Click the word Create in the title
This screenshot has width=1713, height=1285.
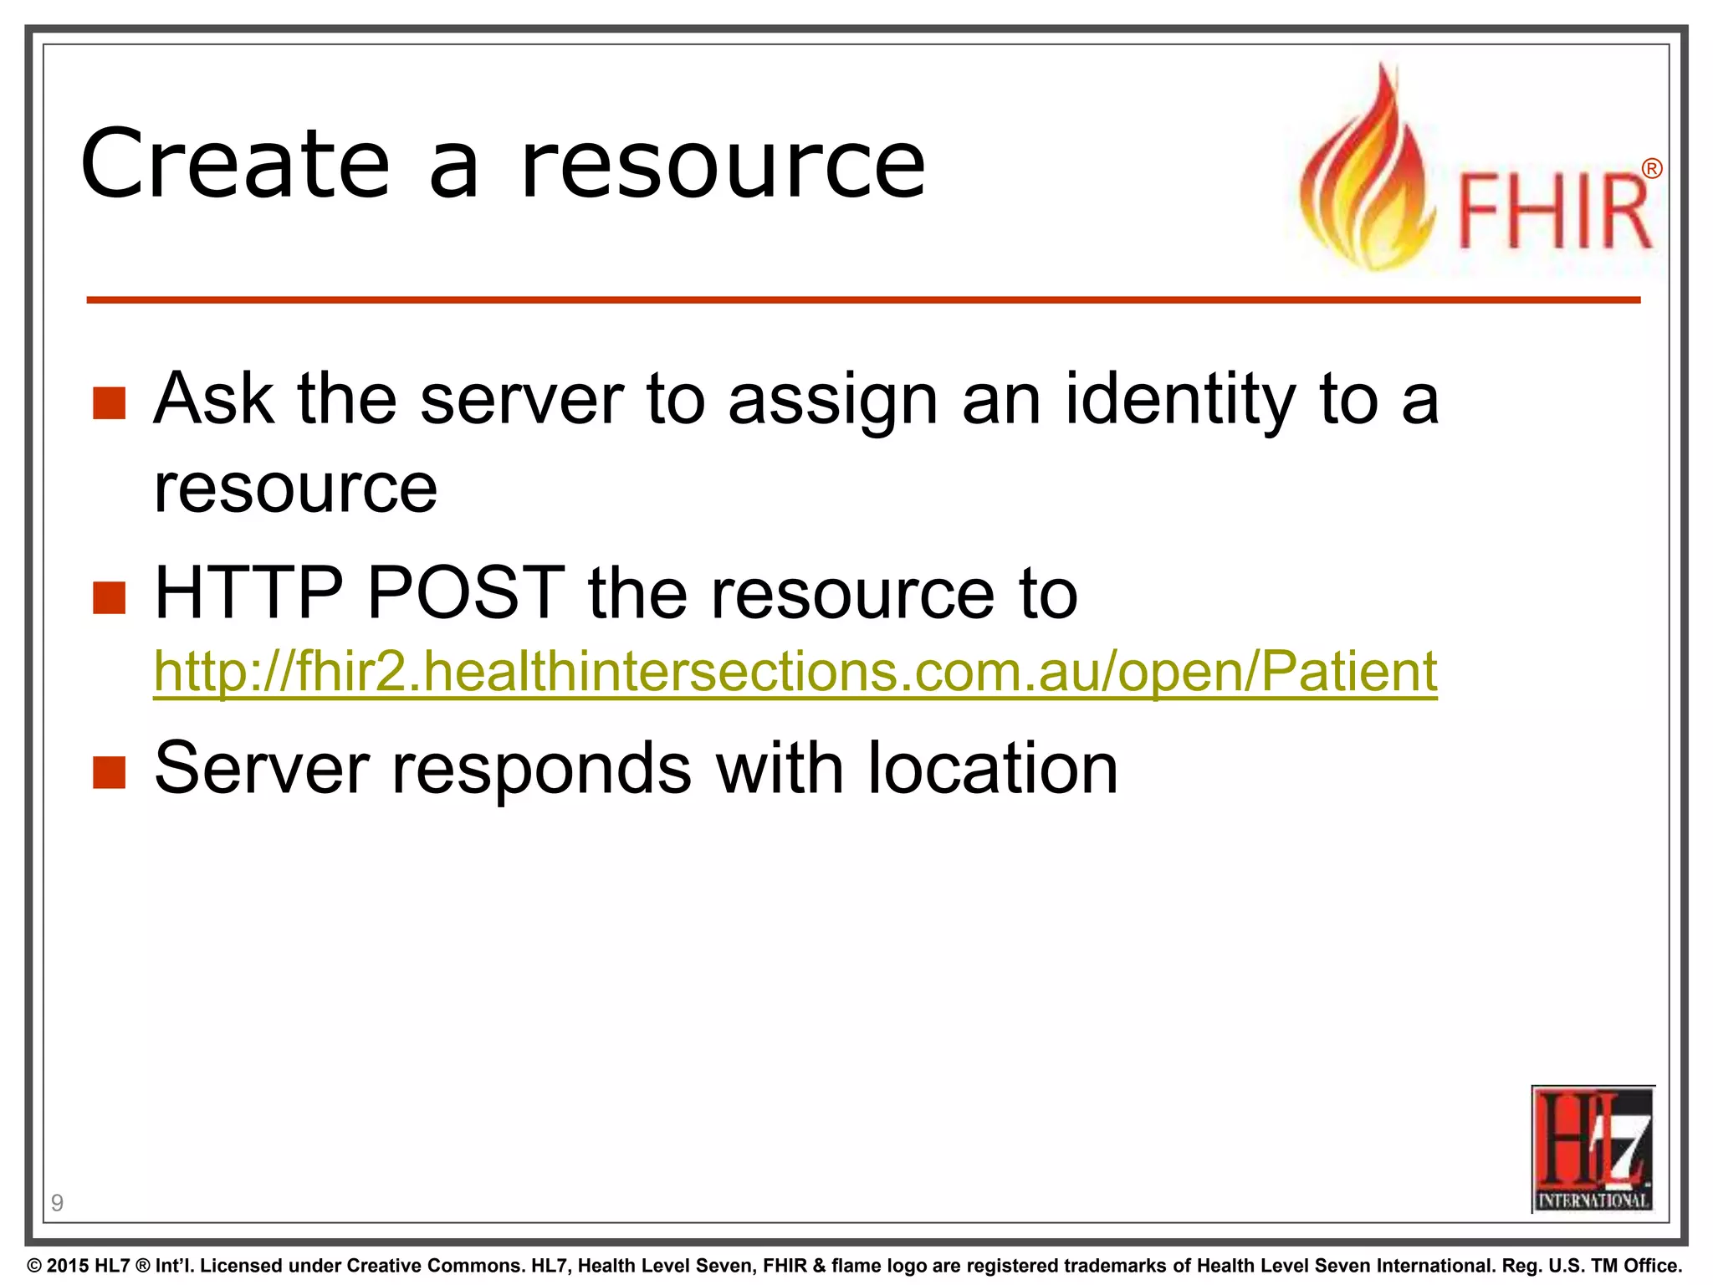pos(235,164)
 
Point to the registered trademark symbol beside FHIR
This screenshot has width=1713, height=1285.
pos(1651,169)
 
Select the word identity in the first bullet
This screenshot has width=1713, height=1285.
pos(1180,400)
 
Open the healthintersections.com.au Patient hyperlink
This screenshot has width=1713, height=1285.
pos(795,671)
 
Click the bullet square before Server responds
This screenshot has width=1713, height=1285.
pos(110,772)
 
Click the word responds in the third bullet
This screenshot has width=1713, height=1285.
pos(543,770)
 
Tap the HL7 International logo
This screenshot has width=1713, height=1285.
pos(1593,1149)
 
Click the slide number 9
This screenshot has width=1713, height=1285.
pos(57,1203)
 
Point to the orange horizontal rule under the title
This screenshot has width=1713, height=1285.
pos(862,299)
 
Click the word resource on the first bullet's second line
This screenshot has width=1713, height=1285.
pos(295,489)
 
